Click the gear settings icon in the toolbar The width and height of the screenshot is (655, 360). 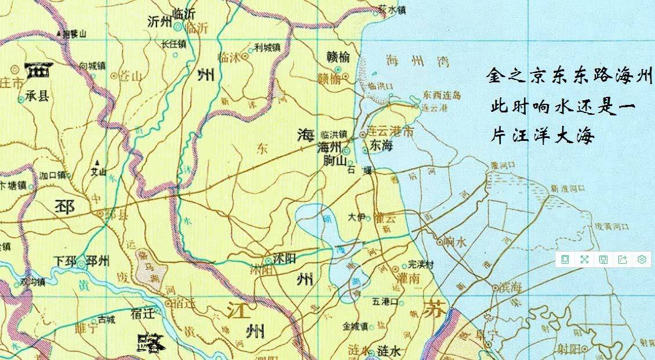point(642,259)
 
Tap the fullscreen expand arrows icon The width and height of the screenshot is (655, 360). point(584,259)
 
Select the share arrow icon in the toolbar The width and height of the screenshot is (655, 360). point(623,259)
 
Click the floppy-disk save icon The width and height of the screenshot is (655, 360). point(603,259)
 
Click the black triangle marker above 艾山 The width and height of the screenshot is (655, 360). point(98,162)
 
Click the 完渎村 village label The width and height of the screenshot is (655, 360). point(421,264)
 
